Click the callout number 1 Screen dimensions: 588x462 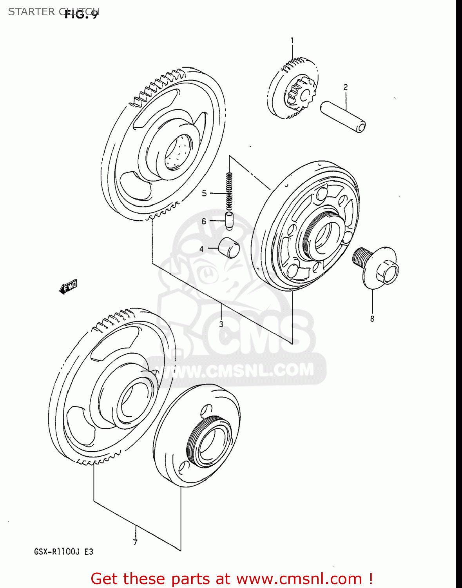coord(292,40)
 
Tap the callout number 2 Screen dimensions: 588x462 coord(345,87)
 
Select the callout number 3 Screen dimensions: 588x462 coord(221,324)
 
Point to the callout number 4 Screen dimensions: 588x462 coord(201,249)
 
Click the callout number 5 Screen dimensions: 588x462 coord(204,193)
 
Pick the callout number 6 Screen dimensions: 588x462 coord(204,221)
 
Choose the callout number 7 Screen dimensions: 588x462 coord(135,543)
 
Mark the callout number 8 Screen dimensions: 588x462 coord(372,319)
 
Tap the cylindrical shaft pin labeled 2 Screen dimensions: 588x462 coord(343,117)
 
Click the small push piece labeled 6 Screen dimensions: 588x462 coord(229,220)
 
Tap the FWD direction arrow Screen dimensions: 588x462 coord(69,287)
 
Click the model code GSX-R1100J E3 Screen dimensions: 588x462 coord(63,552)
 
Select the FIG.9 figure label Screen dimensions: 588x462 coord(82,15)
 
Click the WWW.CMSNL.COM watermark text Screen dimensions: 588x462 coord(239,370)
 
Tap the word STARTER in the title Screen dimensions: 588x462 coord(32,12)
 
